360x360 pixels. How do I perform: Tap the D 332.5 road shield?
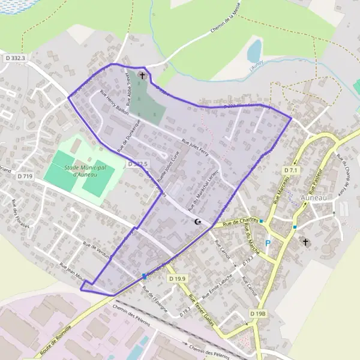[137, 164]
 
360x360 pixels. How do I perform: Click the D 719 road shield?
[25, 176]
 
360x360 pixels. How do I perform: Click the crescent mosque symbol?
[198, 222]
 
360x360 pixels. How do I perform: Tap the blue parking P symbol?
[268, 243]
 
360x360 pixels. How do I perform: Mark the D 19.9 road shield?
[178, 279]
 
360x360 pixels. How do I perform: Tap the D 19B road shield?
[257, 314]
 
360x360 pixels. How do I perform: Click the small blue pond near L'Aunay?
[254, 50]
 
